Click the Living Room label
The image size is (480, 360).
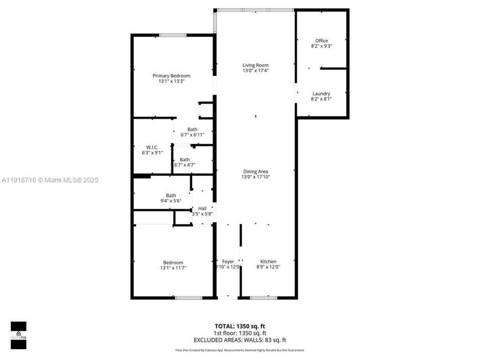[x=255, y=65]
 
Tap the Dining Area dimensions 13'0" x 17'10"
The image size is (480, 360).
[x=255, y=177]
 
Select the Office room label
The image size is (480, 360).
[x=322, y=41]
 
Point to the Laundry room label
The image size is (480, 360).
[x=321, y=94]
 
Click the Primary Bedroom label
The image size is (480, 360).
[x=171, y=75]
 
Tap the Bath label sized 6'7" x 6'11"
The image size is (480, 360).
[x=193, y=129]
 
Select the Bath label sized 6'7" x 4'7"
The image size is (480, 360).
[x=185, y=159]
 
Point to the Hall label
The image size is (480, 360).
[x=202, y=209]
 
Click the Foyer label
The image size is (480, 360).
[x=228, y=262]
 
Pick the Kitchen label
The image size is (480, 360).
[x=268, y=262]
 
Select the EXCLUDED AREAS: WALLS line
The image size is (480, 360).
[x=239, y=339]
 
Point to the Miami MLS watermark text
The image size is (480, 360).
[x=50, y=180]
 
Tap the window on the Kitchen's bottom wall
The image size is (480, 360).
[x=264, y=297]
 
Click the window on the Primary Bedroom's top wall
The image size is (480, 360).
[x=172, y=35]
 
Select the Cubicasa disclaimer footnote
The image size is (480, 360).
[x=239, y=350]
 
